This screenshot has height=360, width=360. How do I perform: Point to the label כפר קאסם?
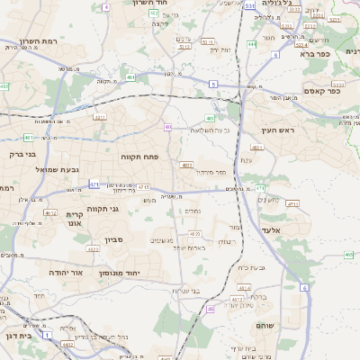[x=321, y=90]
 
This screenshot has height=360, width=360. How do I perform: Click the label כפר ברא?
[x=337, y=53]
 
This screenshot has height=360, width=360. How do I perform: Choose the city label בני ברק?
[x=16, y=154]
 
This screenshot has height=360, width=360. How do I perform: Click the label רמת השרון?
[x=40, y=42]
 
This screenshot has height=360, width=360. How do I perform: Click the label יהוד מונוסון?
[x=146, y=271]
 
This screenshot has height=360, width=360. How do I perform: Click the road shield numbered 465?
[x=348, y=255]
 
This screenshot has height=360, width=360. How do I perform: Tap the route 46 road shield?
[x=211, y=309]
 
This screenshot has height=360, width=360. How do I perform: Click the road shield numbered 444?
[x=252, y=43]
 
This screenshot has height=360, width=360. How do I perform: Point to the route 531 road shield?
[x=248, y=5]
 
